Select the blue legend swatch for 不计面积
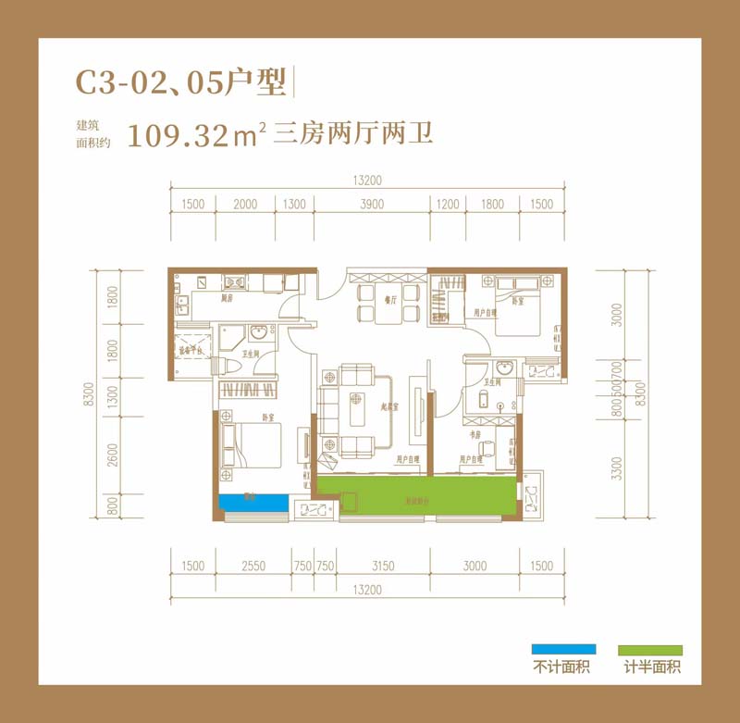(563, 650)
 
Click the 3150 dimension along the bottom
(382, 566)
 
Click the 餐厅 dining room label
(389, 300)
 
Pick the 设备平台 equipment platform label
(189, 351)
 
